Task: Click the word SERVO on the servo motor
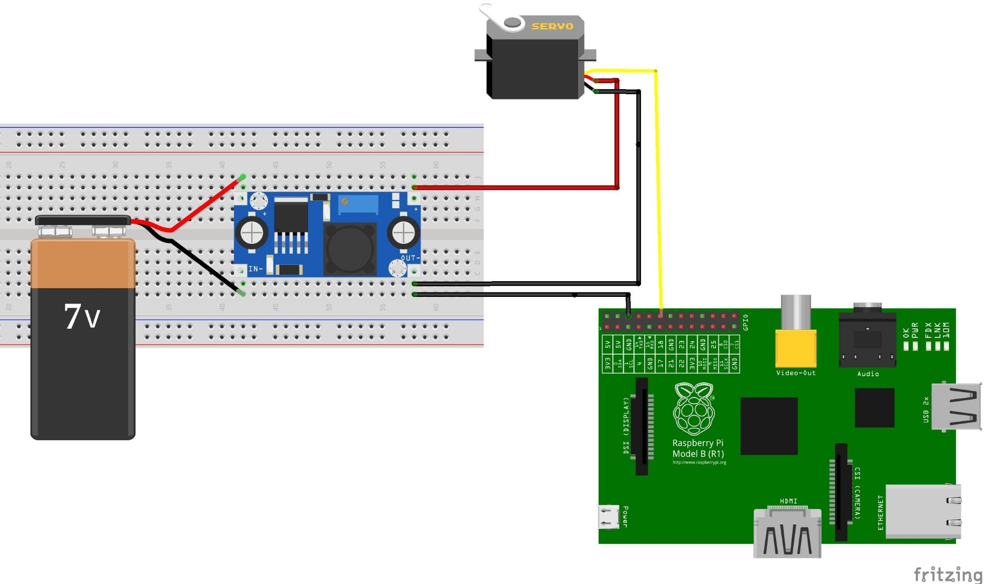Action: [552, 26]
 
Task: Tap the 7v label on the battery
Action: [82, 316]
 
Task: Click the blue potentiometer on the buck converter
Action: [357, 205]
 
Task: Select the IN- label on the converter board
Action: [255, 269]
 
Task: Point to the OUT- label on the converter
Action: [410, 258]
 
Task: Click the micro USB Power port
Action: [609, 516]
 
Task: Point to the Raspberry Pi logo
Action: [694, 409]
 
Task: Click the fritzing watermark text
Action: [947, 574]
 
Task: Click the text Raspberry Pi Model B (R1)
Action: [698, 448]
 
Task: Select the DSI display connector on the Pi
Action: [641, 427]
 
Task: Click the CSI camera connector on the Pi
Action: [841, 492]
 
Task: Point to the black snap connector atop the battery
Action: [83, 220]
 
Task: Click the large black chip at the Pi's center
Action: [769, 426]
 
